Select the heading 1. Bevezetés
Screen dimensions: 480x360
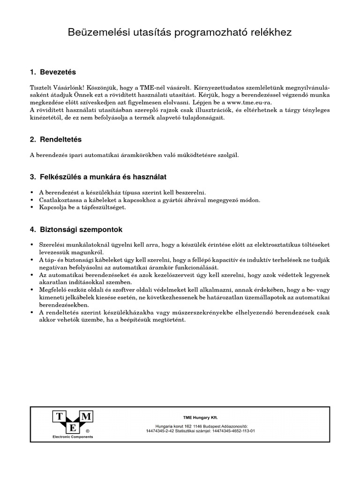[52, 73]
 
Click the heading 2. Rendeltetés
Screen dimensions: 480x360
[55, 140]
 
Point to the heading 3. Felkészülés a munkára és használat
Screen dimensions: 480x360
[97, 177]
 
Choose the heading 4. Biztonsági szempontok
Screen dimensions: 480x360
[76, 230]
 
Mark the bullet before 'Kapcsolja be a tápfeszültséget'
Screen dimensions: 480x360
[31, 207]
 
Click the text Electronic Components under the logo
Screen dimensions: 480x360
[72, 437]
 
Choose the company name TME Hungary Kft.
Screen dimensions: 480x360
[200, 417]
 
